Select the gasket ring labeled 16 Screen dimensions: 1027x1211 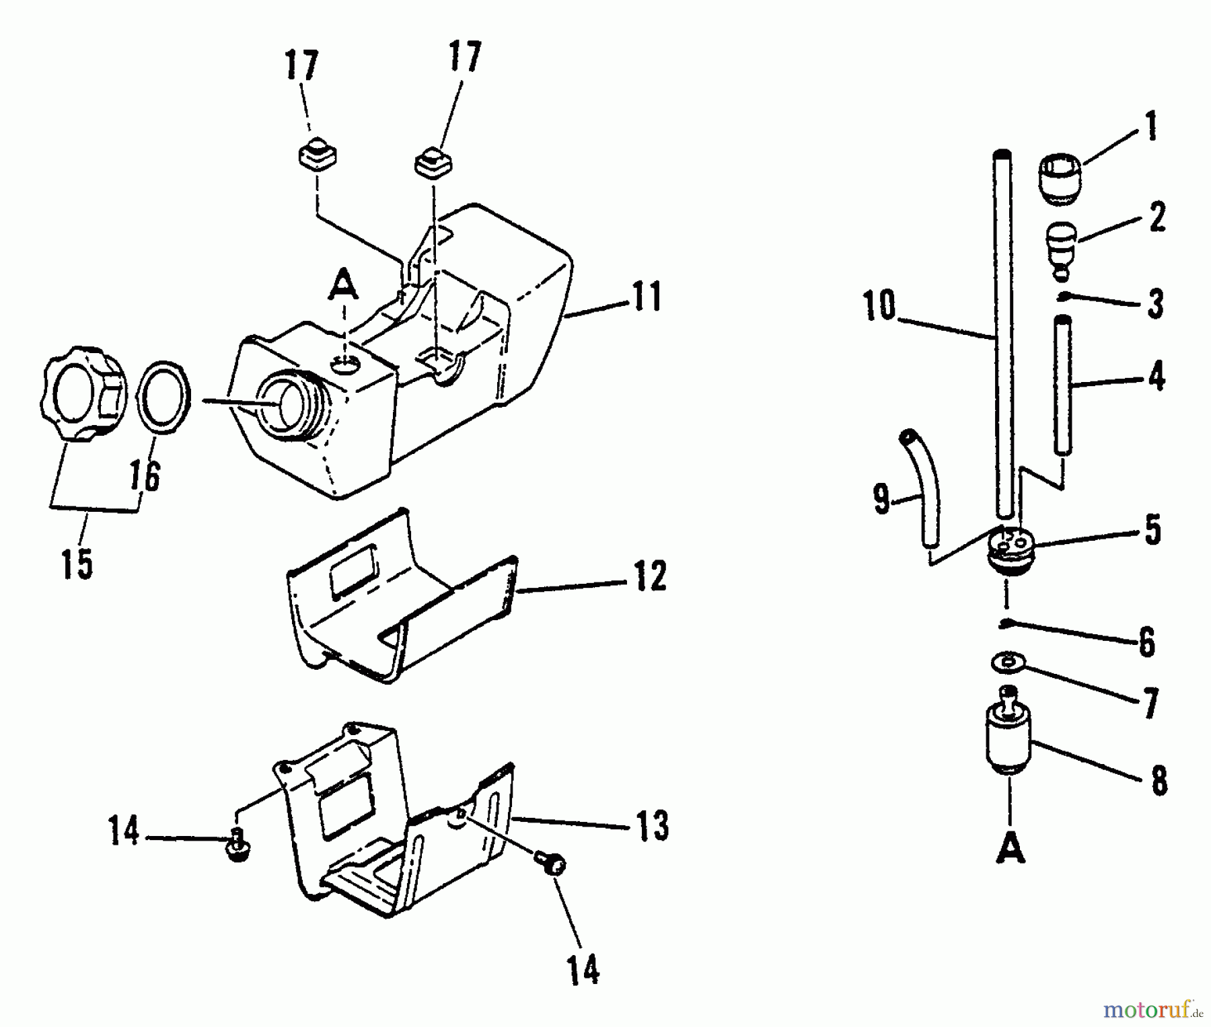pos(164,396)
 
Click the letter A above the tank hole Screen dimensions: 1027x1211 pos(343,283)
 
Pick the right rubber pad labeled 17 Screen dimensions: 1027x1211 pos(433,162)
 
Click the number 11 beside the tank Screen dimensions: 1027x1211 pos(647,298)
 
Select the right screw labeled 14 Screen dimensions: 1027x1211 pos(552,864)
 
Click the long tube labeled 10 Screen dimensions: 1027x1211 pos(1003,336)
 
